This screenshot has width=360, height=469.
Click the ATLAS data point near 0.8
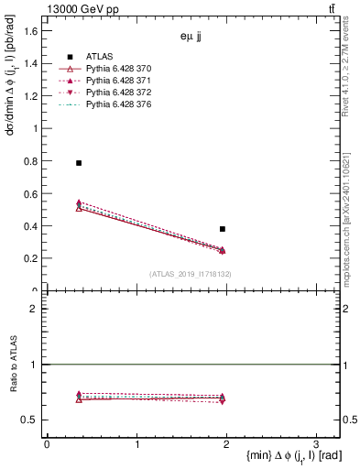point(79,163)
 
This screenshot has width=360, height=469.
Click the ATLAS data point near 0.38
point(223,229)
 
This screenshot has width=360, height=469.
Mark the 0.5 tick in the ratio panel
point(28,420)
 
